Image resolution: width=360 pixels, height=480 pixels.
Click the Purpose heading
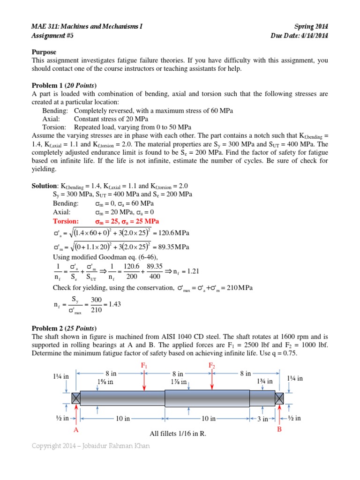pos(44,52)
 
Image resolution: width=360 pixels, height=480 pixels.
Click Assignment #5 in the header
pos(52,35)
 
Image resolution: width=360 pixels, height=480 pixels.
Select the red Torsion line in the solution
pos(105,221)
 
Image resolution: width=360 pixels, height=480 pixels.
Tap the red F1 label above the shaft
pos(144,365)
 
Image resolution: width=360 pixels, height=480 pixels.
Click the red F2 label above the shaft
pos(212,365)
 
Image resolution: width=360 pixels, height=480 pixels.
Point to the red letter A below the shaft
pos(75,429)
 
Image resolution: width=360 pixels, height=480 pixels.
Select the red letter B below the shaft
pos(279,428)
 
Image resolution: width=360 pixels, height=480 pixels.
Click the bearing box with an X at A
pos(76,398)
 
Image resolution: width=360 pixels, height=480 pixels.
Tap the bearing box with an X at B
pos(279,398)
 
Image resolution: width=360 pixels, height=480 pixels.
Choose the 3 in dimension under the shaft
pos(262,419)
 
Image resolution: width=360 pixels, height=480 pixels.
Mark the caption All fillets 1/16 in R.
pos(177,434)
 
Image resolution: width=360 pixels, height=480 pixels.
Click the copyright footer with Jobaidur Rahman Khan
pos(91,446)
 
